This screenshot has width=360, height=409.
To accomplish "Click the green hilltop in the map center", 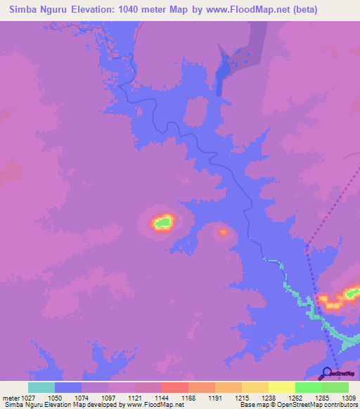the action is pyautogui.click(x=163, y=223).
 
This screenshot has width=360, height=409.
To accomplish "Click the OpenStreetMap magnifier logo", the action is pyautogui.click(x=326, y=373).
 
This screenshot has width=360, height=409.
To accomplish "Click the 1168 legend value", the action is pyautogui.click(x=188, y=397).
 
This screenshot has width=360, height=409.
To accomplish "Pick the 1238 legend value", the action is pyautogui.click(x=268, y=397).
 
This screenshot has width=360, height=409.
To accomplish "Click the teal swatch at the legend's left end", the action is pyautogui.click(x=41, y=387).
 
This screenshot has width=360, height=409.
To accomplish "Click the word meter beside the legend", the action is pyautogui.click(x=11, y=397).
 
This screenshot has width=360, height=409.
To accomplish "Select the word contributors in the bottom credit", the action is pyautogui.click(x=340, y=405).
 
